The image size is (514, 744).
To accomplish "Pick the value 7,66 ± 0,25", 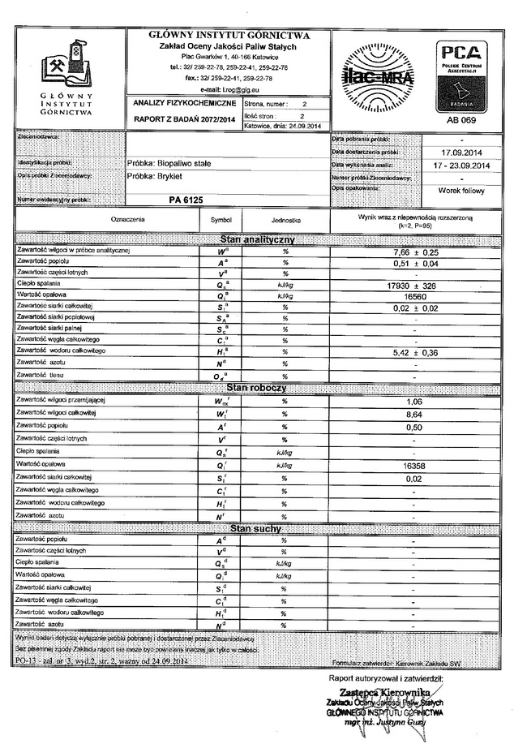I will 409,252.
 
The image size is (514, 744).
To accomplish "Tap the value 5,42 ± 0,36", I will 409,353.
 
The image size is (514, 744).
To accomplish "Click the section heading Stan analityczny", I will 257,240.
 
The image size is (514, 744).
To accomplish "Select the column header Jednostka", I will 285,221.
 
